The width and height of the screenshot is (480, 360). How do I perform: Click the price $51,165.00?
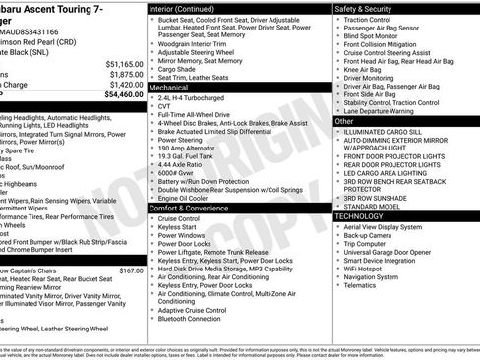point(123,62)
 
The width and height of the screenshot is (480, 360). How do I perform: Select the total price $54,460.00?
point(121,95)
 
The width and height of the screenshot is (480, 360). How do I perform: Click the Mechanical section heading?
point(170,87)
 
